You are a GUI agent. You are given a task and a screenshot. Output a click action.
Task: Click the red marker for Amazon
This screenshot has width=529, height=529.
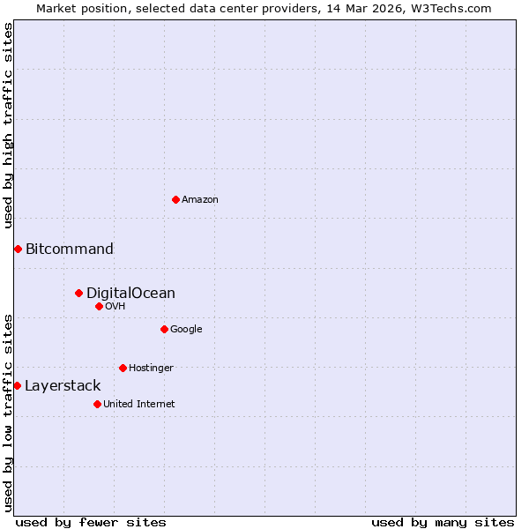pyautogui.click(x=175, y=199)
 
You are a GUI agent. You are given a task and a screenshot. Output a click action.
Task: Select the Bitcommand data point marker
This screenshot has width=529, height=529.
pyautogui.click(x=18, y=249)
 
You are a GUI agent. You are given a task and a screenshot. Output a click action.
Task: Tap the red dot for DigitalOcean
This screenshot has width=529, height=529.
pyautogui.click(x=78, y=293)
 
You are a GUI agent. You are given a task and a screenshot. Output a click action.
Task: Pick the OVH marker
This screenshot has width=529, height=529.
pyautogui.click(x=99, y=306)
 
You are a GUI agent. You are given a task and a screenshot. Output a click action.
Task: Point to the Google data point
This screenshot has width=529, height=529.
pyautogui.click(x=164, y=329)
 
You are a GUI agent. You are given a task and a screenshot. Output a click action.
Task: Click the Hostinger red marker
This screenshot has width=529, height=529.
pyautogui.click(x=123, y=368)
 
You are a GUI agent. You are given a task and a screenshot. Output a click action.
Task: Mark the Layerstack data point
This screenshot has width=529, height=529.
pyautogui.click(x=17, y=385)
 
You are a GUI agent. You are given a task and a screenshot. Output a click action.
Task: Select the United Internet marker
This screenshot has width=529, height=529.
pyautogui.click(x=97, y=404)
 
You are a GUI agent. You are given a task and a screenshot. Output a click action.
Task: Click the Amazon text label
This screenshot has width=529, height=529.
pyautogui.click(x=200, y=199)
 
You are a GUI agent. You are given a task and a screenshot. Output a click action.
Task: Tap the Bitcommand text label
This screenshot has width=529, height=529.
pyautogui.click(x=70, y=249)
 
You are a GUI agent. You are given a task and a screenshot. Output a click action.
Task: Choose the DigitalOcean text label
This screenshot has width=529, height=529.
pyautogui.click(x=130, y=293)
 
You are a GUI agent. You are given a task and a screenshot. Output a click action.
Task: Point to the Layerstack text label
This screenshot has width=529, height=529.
pyautogui.click(x=63, y=385)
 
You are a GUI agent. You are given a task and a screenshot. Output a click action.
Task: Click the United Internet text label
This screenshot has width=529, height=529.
pyautogui.click(x=139, y=404)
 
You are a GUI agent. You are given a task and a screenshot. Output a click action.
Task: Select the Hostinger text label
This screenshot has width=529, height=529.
pyautogui.click(x=151, y=368)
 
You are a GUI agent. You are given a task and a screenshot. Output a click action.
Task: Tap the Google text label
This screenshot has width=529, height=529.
pyautogui.click(x=186, y=329)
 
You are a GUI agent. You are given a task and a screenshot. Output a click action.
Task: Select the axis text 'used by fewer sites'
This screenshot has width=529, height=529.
pyautogui.click(x=91, y=522)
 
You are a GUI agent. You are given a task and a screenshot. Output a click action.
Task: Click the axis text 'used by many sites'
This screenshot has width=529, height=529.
pyautogui.click(x=443, y=522)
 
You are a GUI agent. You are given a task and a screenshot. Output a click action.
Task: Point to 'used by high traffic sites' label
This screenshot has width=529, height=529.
pyautogui.click(x=8, y=125)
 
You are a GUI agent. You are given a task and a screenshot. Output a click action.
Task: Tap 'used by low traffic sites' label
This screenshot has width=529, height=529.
pyautogui.click(x=8, y=412)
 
